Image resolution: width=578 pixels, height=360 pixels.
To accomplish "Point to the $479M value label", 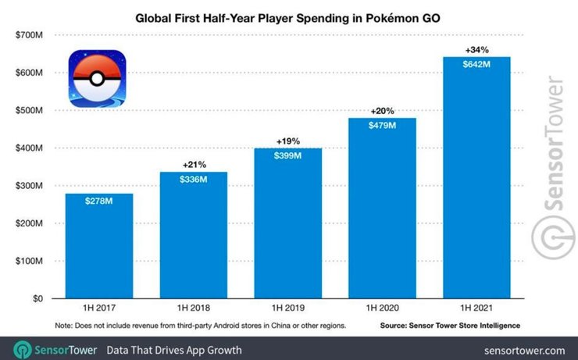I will (x=382, y=126).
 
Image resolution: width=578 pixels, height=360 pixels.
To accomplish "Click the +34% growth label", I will (x=476, y=50).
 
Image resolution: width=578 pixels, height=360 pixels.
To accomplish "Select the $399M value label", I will (x=287, y=155).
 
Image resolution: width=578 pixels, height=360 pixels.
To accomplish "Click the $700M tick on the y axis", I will (x=30, y=35).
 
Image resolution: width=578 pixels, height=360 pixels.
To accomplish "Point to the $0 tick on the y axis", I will (x=37, y=298).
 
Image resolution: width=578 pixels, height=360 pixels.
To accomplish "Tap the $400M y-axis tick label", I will (x=30, y=148).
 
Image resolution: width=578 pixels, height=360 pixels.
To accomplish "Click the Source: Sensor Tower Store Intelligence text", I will (x=451, y=324).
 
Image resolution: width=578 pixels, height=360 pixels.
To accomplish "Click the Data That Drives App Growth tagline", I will (x=173, y=349).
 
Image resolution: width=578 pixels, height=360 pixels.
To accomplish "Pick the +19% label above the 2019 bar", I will (x=287, y=141).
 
